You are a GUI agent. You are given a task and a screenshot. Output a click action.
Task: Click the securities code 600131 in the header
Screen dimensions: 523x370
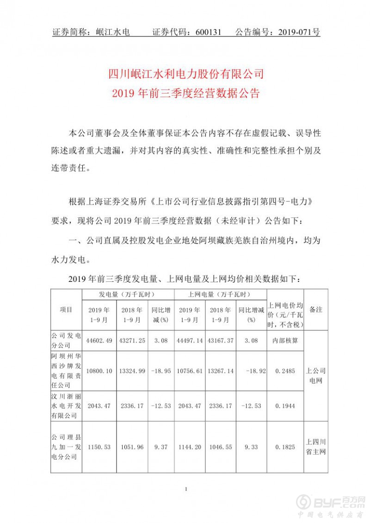[210, 32]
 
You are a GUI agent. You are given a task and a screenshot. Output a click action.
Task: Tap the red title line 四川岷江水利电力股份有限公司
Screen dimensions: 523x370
[185, 74]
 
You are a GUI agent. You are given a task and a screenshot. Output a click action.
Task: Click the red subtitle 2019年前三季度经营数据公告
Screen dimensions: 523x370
[185, 93]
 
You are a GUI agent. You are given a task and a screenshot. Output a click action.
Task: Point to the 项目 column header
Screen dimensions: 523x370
[66, 310]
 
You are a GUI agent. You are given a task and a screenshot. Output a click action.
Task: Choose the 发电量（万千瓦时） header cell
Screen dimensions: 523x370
[127, 294]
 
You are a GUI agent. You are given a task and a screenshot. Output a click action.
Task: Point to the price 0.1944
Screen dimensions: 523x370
[285, 405]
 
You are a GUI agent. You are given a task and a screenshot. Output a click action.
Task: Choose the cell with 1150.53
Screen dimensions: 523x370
[99, 447]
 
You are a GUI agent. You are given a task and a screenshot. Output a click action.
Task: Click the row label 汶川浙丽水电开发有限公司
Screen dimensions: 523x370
[66, 405]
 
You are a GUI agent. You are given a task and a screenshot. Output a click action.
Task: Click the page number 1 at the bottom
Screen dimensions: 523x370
[185, 489]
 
